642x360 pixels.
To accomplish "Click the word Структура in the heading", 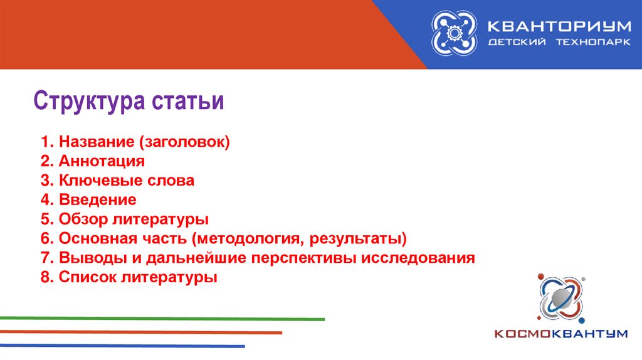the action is pyautogui.click(x=89, y=101).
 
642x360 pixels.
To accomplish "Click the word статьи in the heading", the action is pyautogui.click(x=187, y=101).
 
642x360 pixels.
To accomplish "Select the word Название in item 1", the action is pyautogui.click(x=97, y=142).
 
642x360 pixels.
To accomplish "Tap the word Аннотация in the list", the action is pyautogui.click(x=102, y=161).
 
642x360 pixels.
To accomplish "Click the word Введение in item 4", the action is pyautogui.click(x=97, y=199).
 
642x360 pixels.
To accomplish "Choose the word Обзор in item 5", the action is pyautogui.click(x=83, y=219).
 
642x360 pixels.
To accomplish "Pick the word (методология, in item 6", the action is pyautogui.click(x=248, y=238).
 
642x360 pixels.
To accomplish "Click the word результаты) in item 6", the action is pyautogui.click(x=358, y=238).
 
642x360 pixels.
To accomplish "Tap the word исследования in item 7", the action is pyautogui.click(x=418, y=258).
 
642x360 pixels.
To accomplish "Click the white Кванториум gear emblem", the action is pyautogui.click(x=454, y=33).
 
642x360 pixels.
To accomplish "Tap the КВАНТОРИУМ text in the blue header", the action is pyautogui.click(x=559, y=26).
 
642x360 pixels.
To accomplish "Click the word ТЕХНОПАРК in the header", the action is pyautogui.click(x=593, y=42).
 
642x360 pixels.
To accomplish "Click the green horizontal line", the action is pyautogui.click(x=162, y=319).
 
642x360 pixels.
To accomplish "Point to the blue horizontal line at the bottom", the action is pyautogui.click(x=122, y=346).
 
